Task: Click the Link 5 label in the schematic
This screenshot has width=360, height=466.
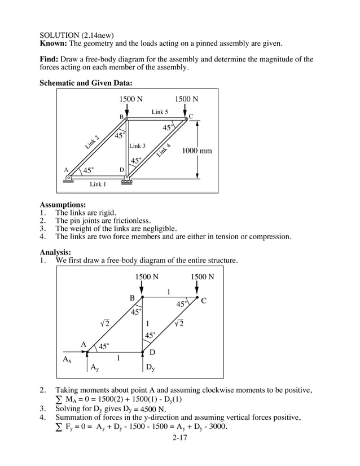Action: tap(160, 112)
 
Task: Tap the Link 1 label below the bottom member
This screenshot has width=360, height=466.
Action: tap(98, 184)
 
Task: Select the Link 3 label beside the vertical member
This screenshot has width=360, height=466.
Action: tap(138, 146)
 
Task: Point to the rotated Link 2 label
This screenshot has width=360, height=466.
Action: tap(93, 142)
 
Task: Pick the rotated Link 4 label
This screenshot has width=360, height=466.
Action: tap(164, 150)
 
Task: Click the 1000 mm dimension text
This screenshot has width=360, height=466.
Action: tap(197, 151)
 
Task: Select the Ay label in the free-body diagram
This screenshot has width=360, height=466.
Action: tap(96, 367)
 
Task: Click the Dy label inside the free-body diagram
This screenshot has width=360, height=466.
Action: tap(150, 367)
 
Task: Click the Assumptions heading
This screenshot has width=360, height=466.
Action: tap(63, 204)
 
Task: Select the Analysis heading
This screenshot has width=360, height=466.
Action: tap(55, 252)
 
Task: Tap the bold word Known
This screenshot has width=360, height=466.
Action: tap(54, 43)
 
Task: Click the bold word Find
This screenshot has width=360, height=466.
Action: tap(50, 59)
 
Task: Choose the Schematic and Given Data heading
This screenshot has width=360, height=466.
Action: tap(86, 83)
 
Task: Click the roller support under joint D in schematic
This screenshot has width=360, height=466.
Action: tap(127, 181)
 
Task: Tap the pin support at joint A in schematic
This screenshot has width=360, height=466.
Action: tap(68, 178)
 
